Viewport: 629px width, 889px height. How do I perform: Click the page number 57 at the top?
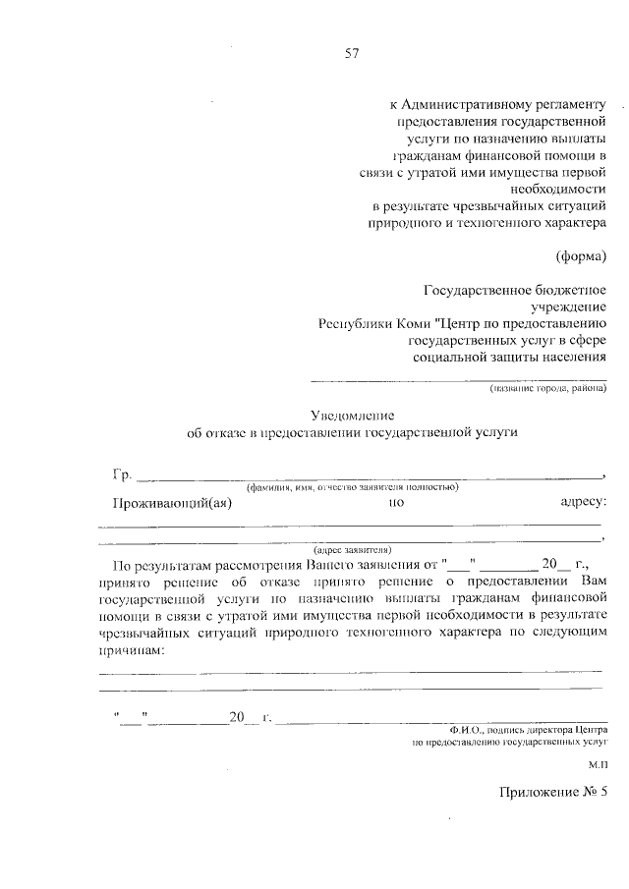point(350,54)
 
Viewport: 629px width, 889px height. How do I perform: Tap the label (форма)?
point(584,256)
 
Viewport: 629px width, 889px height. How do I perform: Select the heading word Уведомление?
point(352,416)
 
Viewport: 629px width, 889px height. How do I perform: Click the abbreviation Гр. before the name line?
point(122,475)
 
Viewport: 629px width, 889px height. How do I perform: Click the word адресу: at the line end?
point(584,504)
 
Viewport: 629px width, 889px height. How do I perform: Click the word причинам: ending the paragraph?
point(130,649)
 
